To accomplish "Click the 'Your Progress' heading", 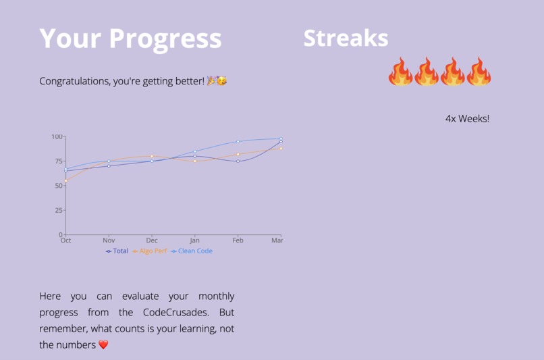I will (x=130, y=38).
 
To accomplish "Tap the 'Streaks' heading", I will (x=346, y=38).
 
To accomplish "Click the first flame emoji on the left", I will (x=400, y=72).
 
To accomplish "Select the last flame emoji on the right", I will (x=479, y=72).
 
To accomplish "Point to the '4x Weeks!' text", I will (x=467, y=119).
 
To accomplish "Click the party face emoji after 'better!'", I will (x=221, y=81).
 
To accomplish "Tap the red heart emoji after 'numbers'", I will (x=103, y=345).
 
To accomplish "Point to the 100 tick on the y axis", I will (x=57, y=137).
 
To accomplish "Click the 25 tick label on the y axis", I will (x=58, y=211).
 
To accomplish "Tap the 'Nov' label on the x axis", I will (x=109, y=240).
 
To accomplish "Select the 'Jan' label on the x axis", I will (x=194, y=240).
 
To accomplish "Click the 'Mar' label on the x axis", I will (x=277, y=240).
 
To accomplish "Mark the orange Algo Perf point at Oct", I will (x=66, y=181).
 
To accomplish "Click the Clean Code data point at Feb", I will (x=238, y=142).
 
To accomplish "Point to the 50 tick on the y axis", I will (x=58, y=186).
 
